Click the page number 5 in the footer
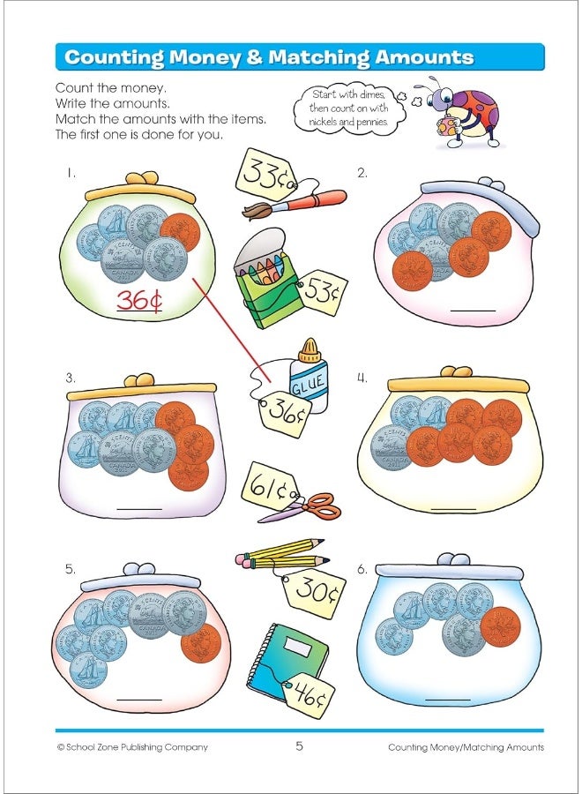299,746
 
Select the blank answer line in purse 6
449,698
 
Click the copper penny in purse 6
500,626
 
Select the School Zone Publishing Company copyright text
132,747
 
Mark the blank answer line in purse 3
139,509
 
